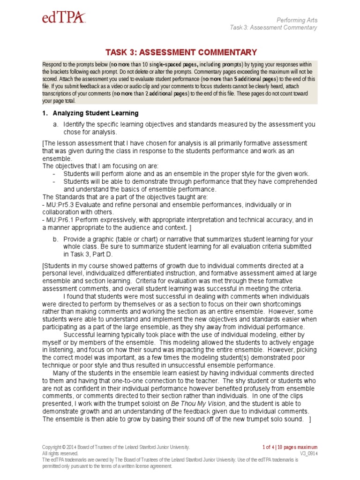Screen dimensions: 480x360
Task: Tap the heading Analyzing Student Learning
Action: pos(95,113)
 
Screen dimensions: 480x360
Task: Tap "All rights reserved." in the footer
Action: pos(60,454)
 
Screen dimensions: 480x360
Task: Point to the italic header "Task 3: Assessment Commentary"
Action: pos(273,27)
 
